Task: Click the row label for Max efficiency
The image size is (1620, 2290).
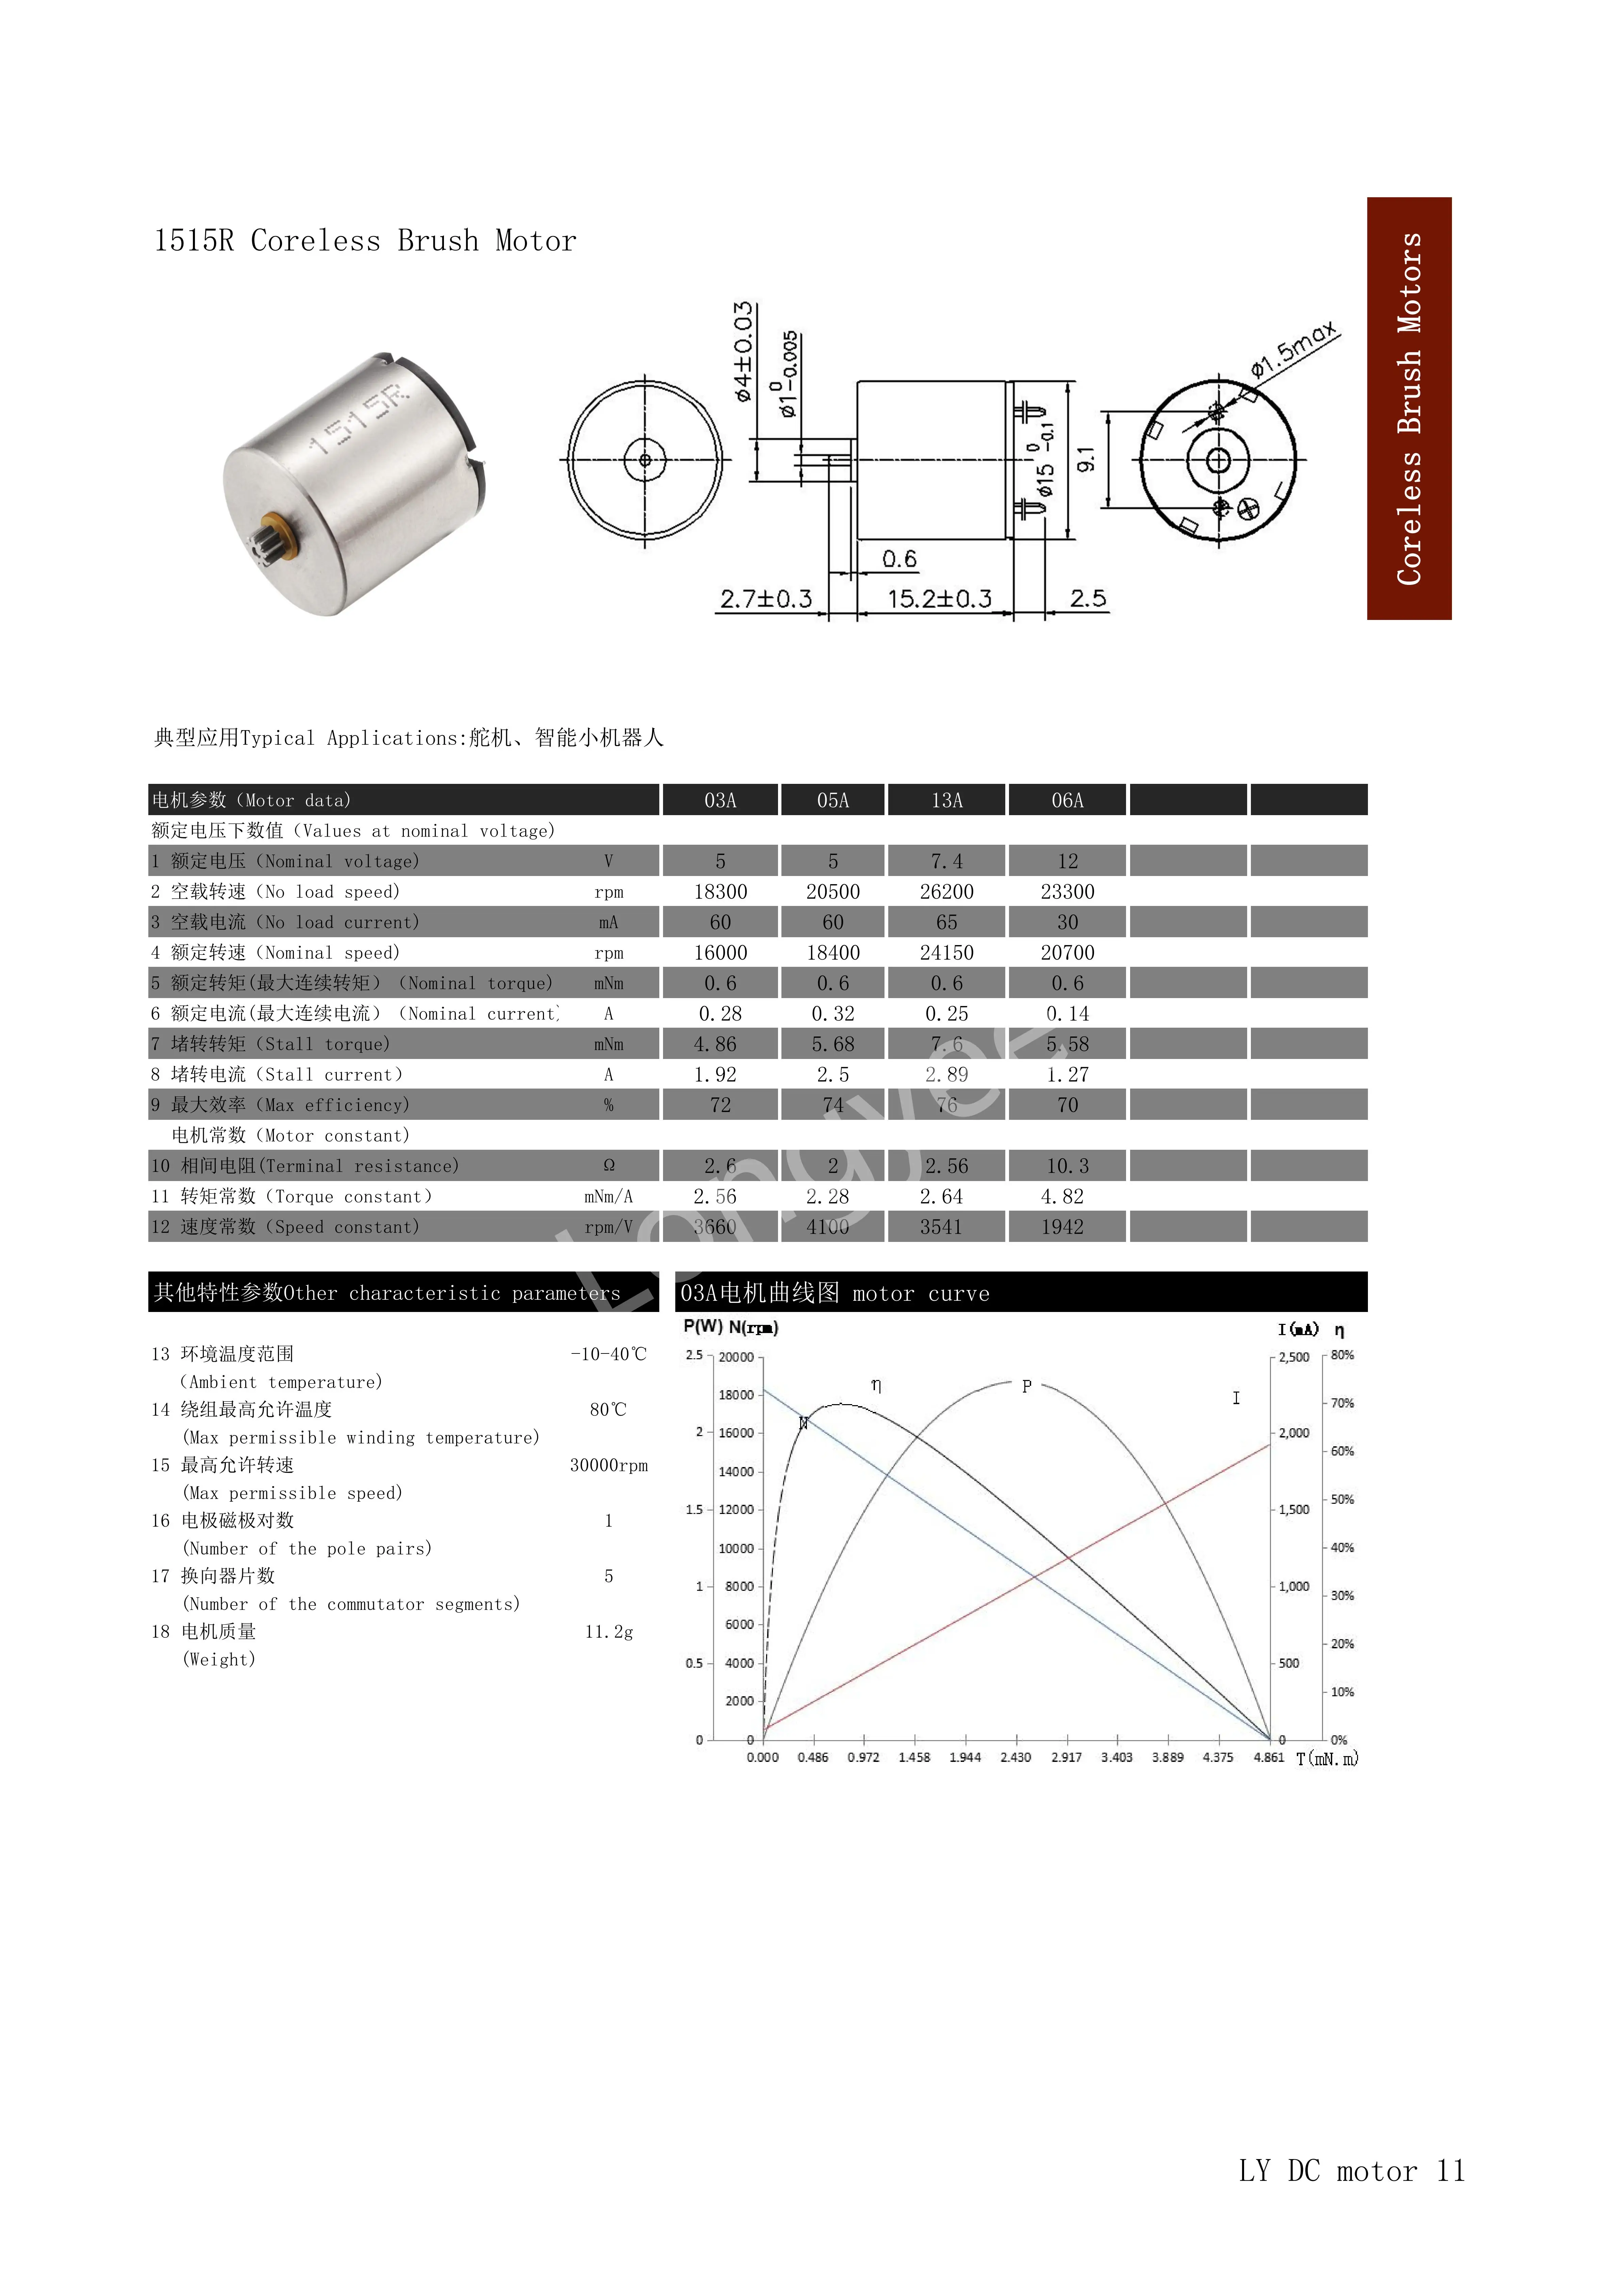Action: point(280,1105)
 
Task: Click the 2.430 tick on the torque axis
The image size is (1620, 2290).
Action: point(1015,1757)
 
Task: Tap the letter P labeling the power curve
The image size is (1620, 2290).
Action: point(1026,1386)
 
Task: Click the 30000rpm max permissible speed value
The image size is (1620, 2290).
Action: point(609,1465)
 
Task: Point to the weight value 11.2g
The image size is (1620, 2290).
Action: point(609,1632)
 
